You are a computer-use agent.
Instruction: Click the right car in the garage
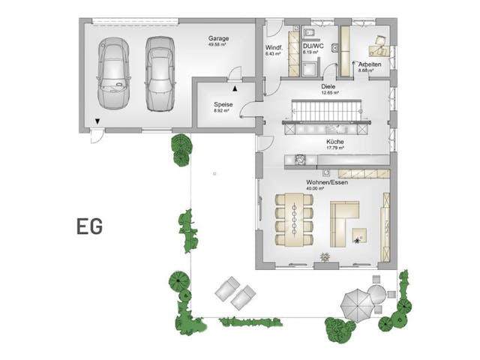(159, 73)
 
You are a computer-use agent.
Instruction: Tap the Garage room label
(219, 39)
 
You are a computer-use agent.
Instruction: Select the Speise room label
(223, 104)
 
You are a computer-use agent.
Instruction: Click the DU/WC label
(313, 46)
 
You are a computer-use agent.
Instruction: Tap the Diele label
(328, 87)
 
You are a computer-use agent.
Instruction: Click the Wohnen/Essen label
(325, 182)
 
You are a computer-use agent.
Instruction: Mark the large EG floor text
(88, 226)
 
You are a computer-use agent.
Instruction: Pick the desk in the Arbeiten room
(378, 50)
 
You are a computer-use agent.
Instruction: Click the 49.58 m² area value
(219, 45)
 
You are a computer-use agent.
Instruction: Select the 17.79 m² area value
(334, 148)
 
